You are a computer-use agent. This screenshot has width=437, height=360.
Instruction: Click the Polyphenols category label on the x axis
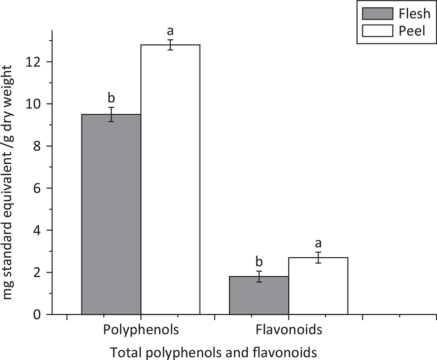click(141, 331)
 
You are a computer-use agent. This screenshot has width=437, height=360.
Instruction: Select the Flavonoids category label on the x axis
click(288, 331)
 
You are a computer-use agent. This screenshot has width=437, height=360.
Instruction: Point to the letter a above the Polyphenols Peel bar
click(170, 31)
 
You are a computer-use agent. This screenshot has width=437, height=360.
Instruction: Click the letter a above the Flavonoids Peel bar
click(318, 243)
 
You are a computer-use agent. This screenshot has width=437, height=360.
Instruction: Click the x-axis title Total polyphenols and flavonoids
click(213, 352)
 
